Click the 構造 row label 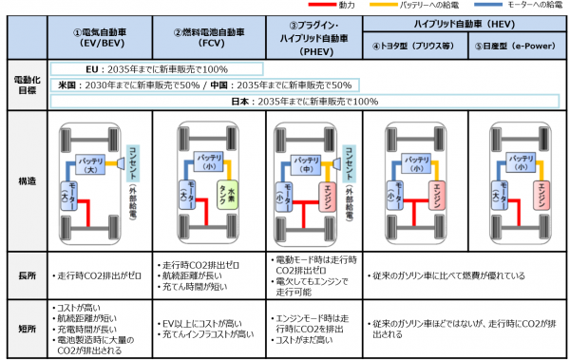click(27, 180)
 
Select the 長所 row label click(27, 275)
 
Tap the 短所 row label click(27, 328)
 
